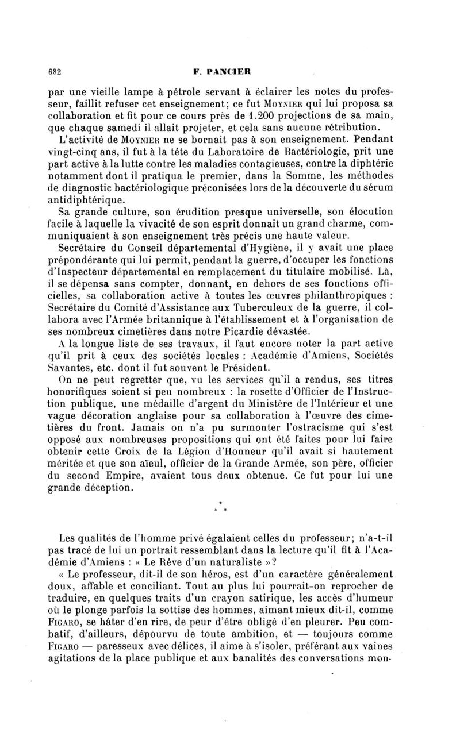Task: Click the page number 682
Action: tap(55, 72)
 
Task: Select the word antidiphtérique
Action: tap(92, 201)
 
